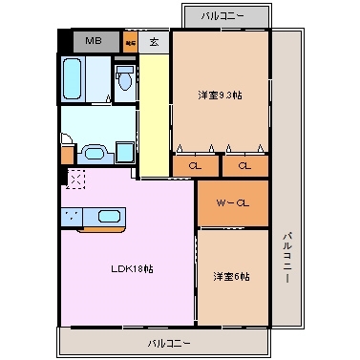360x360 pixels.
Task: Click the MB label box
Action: tap(95, 40)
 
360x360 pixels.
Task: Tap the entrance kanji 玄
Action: tap(154, 41)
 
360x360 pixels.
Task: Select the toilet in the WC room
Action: tap(124, 79)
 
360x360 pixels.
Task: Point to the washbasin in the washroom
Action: tap(92, 151)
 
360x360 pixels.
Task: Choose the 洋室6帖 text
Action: tap(231, 276)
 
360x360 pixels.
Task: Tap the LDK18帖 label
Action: tap(133, 268)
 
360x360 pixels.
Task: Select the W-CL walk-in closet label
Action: tap(231, 202)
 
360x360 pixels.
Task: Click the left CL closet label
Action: tap(195, 166)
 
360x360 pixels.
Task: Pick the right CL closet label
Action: tap(244, 166)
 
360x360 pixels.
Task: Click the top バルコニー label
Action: tap(222, 16)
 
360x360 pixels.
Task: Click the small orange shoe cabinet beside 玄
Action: tap(130, 41)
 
